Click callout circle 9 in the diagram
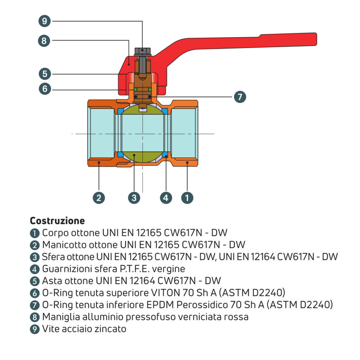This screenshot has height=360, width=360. [44, 21]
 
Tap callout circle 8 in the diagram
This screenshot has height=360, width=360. [44, 40]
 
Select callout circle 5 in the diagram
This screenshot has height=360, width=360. [44, 74]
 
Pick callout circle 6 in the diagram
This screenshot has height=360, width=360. [44, 89]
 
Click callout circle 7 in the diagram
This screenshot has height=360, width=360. [240, 97]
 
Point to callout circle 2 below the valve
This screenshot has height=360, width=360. [99, 198]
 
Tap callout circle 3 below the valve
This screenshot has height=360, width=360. [134, 198]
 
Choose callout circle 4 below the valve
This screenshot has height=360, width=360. [166, 198]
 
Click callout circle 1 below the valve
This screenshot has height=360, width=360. [187, 198]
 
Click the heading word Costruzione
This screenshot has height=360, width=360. [57, 221]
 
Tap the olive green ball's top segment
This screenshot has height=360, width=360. [143, 111]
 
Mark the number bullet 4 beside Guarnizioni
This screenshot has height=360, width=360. [34, 269]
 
